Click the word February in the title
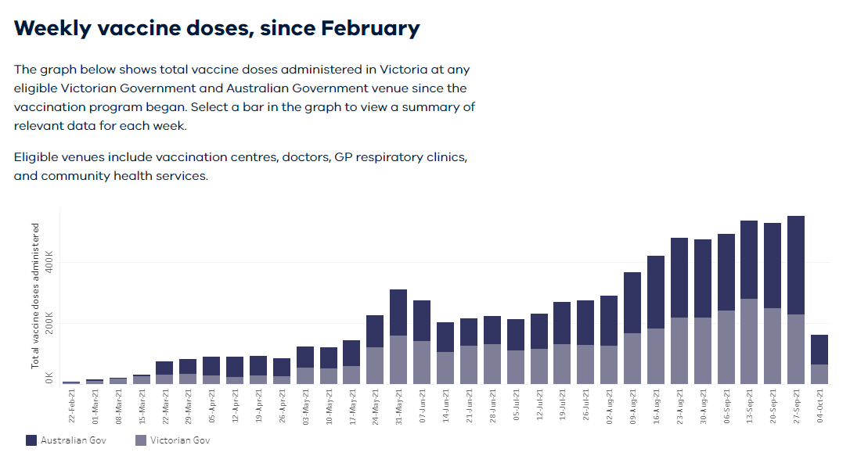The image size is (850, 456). tap(370, 28)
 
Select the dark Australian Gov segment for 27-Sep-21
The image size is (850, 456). tap(796, 265)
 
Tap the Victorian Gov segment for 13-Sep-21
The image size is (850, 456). tap(749, 341)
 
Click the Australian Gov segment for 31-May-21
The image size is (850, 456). tap(398, 313)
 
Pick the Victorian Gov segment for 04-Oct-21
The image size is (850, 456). tap(819, 374)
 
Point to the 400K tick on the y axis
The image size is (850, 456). tap(49, 262)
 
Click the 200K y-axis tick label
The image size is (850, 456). tap(49, 323)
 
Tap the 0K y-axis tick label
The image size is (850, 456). tap(49, 379)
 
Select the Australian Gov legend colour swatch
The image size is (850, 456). tap(31, 440)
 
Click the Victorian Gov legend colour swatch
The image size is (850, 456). tap(141, 440)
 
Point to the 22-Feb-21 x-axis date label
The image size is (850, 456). tap(71, 405)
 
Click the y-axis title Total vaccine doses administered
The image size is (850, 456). tap(35, 296)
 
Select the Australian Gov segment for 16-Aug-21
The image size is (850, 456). tap(656, 292)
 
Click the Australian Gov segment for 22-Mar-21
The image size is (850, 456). tap(164, 368)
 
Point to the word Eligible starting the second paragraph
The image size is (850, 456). tap(38, 157)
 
